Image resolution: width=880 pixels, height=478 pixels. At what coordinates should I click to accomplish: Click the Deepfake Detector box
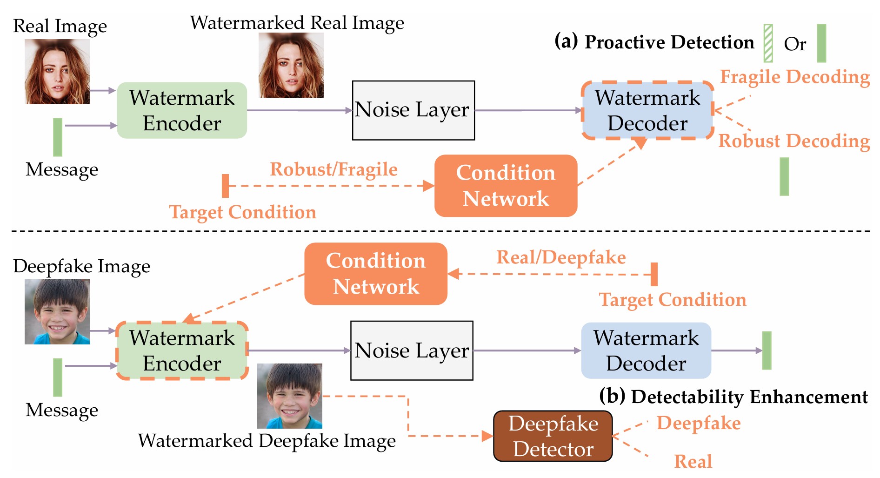click(553, 436)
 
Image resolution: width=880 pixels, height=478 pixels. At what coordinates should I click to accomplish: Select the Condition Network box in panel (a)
click(506, 186)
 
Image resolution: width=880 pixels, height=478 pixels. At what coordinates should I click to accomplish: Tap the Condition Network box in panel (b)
click(376, 274)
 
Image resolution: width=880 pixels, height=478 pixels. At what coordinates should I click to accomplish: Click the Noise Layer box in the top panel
click(413, 110)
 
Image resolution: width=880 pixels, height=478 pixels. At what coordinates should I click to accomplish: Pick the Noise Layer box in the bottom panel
click(412, 350)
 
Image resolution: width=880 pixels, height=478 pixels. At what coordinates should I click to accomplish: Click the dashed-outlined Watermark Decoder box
click(647, 110)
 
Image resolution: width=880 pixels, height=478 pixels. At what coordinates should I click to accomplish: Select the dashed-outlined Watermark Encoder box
click(182, 350)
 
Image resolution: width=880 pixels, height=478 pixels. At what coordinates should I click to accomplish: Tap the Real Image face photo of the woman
click(57, 72)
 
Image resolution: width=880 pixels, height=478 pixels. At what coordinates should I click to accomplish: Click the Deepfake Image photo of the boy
click(57, 312)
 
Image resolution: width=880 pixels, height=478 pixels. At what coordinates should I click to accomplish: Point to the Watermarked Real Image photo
click(291, 65)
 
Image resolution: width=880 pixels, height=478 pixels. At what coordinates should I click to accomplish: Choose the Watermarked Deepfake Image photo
click(290, 396)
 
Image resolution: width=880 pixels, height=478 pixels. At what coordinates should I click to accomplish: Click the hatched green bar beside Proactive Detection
click(768, 43)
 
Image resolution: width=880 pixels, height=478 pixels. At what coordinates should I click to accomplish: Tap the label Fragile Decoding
click(795, 77)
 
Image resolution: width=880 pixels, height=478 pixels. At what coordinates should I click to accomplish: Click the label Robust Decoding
click(794, 141)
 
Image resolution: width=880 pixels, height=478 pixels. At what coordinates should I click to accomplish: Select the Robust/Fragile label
click(333, 169)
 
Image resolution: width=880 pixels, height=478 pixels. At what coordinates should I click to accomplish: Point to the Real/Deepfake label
click(561, 257)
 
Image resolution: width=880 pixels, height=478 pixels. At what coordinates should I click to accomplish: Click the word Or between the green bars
click(795, 44)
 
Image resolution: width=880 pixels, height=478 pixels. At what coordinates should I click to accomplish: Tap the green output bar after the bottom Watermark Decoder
click(767, 350)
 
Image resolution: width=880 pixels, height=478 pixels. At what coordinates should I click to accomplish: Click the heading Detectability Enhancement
click(749, 397)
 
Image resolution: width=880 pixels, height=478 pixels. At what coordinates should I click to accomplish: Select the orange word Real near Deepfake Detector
click(693, 461)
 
